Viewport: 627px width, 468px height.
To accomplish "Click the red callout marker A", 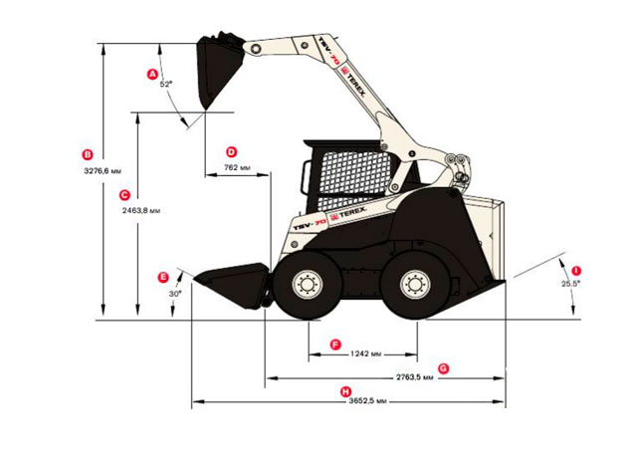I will click(152, 75).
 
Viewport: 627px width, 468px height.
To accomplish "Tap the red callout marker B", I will click(88, 154).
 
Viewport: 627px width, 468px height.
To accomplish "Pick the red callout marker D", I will click(232, 152).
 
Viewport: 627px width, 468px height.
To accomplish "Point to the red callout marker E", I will click(164, 277).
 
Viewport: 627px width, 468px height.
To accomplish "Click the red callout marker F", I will click(335, 345).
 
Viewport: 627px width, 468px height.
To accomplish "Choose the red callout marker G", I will click(443, 368).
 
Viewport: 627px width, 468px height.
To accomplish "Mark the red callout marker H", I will click(345, 391).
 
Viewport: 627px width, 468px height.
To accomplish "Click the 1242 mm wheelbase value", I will click(365, 353).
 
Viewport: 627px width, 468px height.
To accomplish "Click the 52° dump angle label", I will click(166, 85).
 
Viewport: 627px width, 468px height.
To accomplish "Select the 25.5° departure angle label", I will click(570, 284).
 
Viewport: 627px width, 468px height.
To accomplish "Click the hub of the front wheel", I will click(307, 286).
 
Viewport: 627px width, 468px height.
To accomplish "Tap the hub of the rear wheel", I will click(416, 286).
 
